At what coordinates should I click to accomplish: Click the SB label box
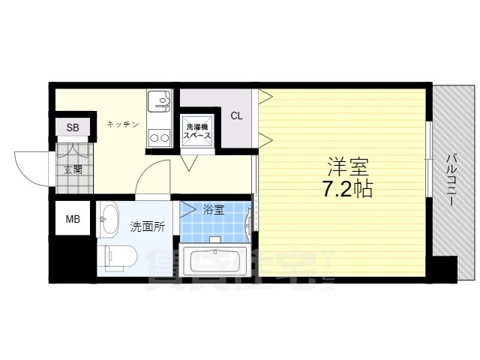pyautogui.click(x=73, y=127)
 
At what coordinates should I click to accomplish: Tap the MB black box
pyautogui.click(x=73, y=219)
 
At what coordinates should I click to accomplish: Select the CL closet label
pyautogui.click(x=236, y=116)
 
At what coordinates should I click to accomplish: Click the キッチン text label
pyautogui.click(x=122, y=124)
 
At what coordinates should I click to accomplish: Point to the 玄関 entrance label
pyautogui.click(x=73, y=169)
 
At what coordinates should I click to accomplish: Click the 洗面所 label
pyautogui.click(x=147, y=226)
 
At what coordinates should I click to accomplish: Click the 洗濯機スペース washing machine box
pyautogui.click(x=198, y=132)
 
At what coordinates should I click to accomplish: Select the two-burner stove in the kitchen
pyautogui.click(x=158, y=136)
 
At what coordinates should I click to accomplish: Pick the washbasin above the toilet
pyautogui.click(x=109, y=218)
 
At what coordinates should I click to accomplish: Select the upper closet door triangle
pyautogui.click(x=264, y=96)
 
